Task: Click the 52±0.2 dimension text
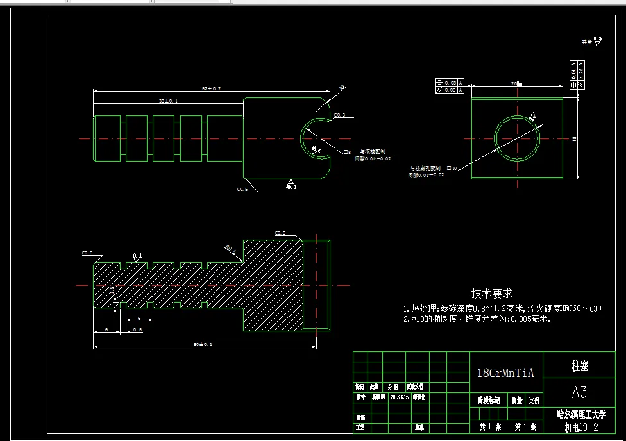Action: [x=212, y=89]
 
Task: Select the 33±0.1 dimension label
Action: [x=169, y=101]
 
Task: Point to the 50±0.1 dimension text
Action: [x=203, y=345]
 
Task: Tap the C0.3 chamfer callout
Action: [x=339, y=115]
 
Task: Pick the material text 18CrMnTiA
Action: [x=506, y=372]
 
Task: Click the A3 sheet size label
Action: [x=579, y=391]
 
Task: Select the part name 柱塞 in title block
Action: [x=580, y=366]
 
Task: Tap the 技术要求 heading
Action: [x=492, y=294]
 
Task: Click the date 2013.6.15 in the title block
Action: [x=400, y=397]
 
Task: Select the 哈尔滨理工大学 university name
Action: [x=580, y=415]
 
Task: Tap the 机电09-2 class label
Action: [x=580, y=428]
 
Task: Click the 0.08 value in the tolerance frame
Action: [x=450, y=83]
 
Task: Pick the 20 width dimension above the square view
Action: [x=514, y=84]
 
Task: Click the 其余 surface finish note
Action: [x=586, y=42]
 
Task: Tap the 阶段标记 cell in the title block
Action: [x=489, y=401]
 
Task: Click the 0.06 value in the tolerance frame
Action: [x=450, y=90]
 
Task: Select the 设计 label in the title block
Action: [x=360, y=397]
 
